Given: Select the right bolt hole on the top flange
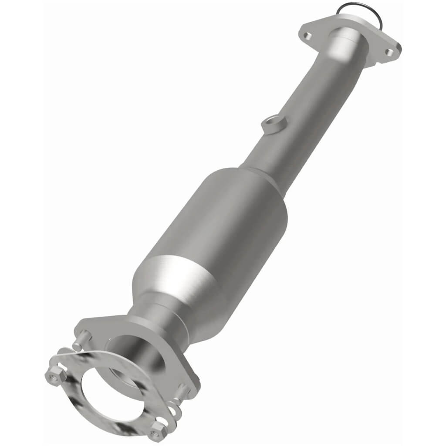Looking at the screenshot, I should point(389,52).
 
